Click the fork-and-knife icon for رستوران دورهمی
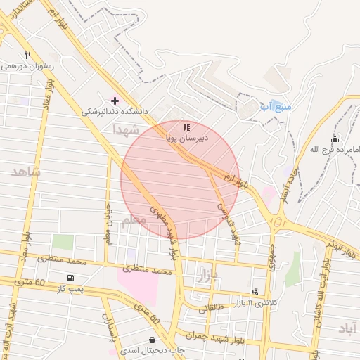[x=27, y=55]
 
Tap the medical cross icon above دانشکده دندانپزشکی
[x=115, y=101]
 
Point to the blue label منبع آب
[x=275, y=106]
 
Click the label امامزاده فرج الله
[x=335, y=149]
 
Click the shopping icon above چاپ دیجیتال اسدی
[x=153, y=340]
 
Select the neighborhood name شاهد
[x=26, y=172]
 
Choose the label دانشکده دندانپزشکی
[x=115, y=111]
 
